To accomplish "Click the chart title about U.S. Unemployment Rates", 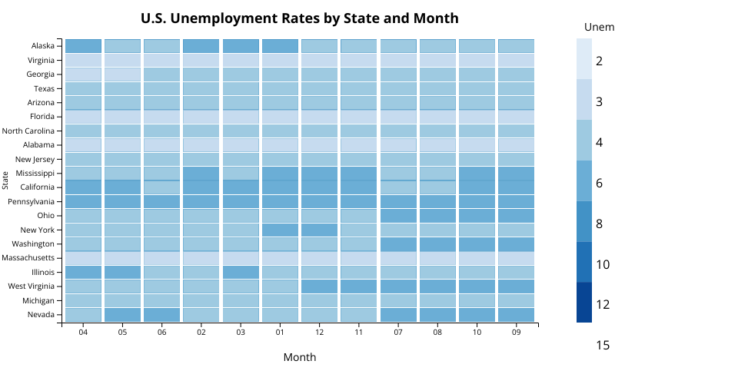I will coord(300,18).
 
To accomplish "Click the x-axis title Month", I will coord(299,357).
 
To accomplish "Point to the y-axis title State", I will coord(5,181).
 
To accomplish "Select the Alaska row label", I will coord(43,46).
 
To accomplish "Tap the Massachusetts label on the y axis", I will coord(28,257).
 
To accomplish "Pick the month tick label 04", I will coord(83,332).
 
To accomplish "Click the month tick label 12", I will coord(320,332).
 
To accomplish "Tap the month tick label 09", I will coord(516,332).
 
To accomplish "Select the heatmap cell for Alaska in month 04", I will coord(84,46).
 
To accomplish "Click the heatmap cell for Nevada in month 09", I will coord(516,315).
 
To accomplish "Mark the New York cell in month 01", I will coord(281,230).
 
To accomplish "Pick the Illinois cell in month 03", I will coord(241,272).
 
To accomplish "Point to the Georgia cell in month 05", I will coord(123,74).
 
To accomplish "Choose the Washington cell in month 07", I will coord(398,243).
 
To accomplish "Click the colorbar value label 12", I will coord(603,305).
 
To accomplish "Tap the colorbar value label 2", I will coord(599,61).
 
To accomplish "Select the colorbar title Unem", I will coord(599,28).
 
